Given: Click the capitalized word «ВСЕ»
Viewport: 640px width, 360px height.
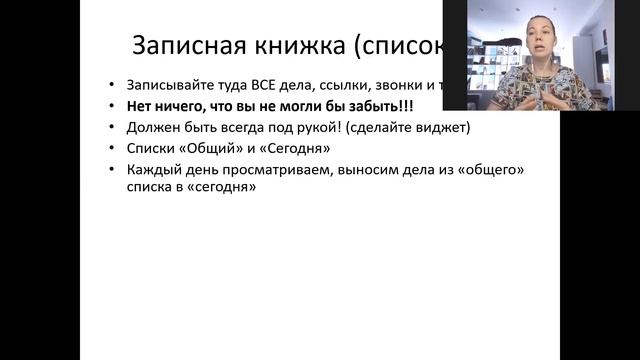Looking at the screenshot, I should click(258, 85).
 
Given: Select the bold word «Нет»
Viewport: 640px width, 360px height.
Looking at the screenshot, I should click(140, 106).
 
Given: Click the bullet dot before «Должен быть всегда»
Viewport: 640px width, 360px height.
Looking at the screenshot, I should click(113, 127).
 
